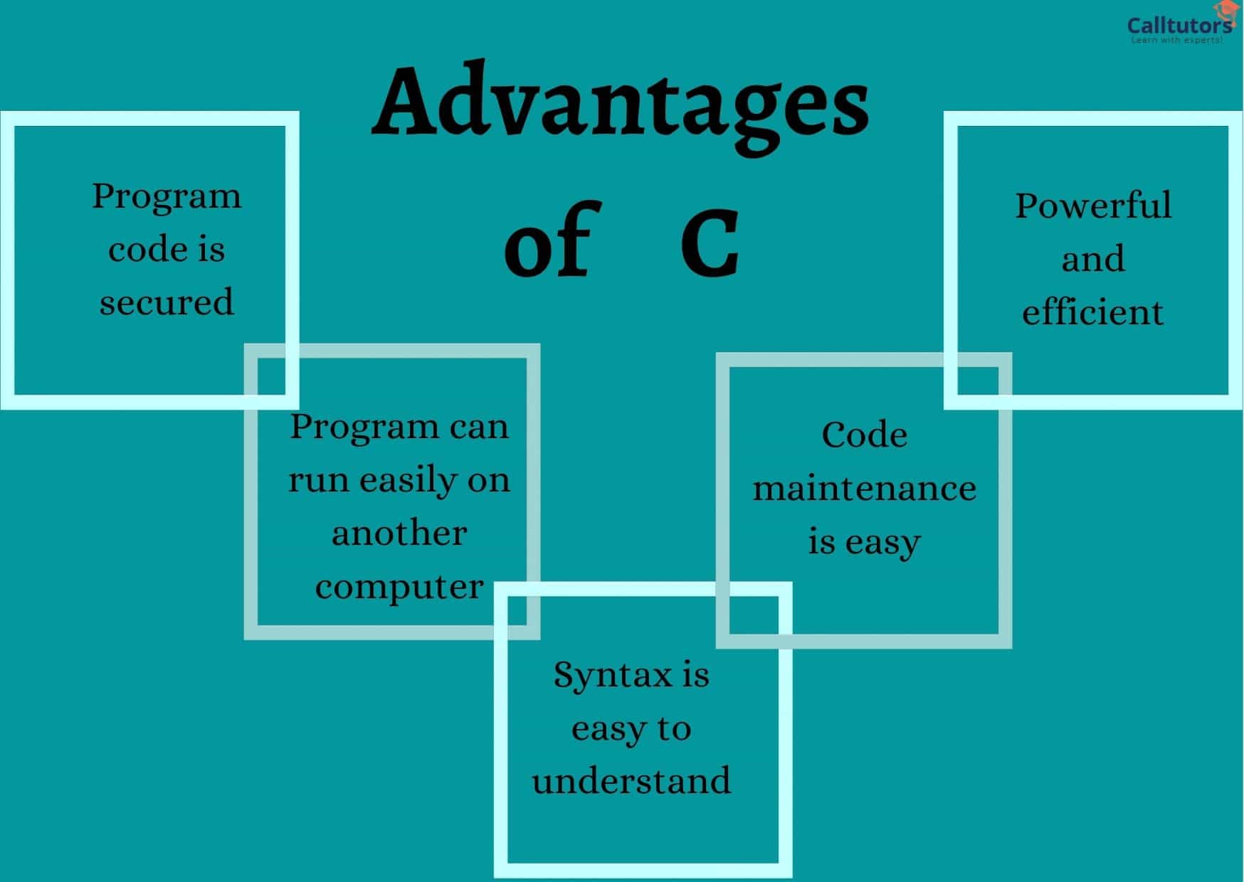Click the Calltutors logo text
(1179, 26)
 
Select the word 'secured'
(167, 302)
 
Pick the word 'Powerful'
(1092, 206)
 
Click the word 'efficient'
(1092, 312)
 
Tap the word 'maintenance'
(864, 489)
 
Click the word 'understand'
(631, 780)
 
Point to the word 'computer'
(399, 588)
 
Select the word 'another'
(399, 533)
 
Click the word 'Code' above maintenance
(864, 435)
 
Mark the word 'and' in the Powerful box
(1092, 259)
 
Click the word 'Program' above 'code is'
(167, 197)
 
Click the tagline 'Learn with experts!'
(1177, 41)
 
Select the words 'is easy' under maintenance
(864, 543)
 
